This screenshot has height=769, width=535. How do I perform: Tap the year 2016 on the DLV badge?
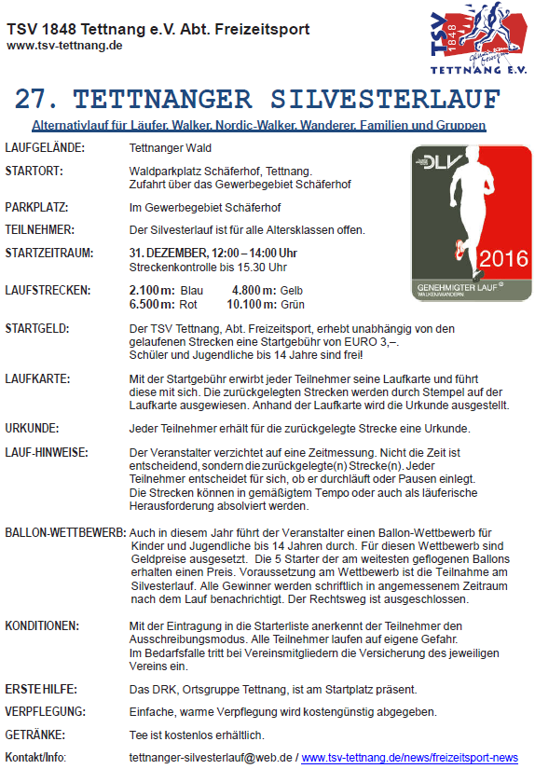(503, 258)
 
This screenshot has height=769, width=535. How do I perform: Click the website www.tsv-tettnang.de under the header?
(64, 46)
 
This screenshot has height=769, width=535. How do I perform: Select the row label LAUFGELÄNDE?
(45, 148)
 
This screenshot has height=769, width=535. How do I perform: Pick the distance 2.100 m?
(151, 291)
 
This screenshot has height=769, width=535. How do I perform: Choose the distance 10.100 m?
(251, 304)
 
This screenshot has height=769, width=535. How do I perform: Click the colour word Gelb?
(292, 291)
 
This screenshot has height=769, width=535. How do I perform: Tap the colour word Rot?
(188, 304)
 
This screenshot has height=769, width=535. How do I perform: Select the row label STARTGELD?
(37, 329)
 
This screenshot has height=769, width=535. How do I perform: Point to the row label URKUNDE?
(32, 428)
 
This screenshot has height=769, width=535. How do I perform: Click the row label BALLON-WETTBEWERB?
(65, 532)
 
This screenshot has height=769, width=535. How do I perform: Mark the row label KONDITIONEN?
(42, 625)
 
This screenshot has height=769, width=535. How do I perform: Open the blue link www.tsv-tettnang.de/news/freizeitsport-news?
(409, 758)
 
